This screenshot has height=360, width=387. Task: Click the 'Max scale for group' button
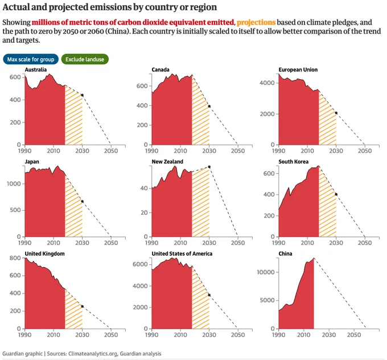tap(31, 59)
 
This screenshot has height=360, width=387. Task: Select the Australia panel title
tap(35, 69)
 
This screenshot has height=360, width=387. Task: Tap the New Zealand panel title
tap(167, 162)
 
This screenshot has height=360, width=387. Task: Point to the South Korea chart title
tap(294, 162)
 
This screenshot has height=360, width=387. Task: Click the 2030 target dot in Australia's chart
tap(82, 95)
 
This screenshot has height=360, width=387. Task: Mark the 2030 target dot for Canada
tap(209, 107)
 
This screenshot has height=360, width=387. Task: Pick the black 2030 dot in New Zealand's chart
tap(209, 167)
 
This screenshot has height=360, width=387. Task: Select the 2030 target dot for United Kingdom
tap(82, 306)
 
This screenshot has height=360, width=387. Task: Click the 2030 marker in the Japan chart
tap(82, 202)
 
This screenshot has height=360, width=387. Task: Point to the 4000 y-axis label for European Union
tap(267, 83)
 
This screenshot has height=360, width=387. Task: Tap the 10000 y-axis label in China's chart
tap(266, 272)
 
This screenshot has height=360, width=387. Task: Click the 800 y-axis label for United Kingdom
tap(15, 258)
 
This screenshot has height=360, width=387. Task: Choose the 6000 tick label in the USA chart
tap(140, 264)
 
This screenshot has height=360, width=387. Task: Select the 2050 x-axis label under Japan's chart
tap(111, 243)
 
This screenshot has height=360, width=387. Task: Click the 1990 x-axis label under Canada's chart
tap(151, 151)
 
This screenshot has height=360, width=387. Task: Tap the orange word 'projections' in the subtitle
tap(256, 22)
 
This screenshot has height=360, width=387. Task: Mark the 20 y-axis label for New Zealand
tap(144, 212)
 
